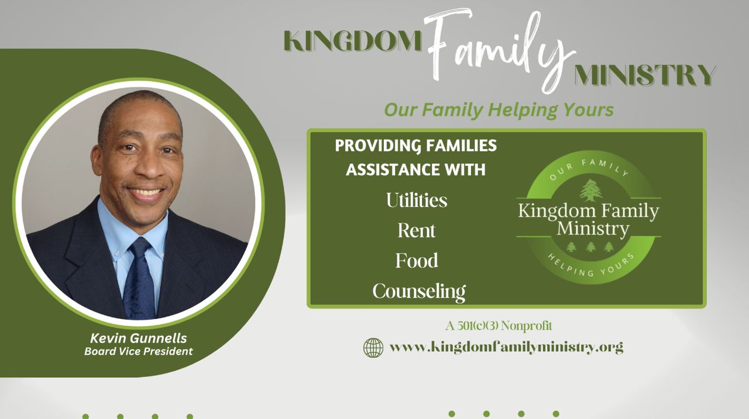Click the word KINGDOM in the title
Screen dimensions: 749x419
[353, 41]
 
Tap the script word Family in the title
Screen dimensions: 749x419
[498, 50]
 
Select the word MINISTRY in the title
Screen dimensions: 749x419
[645, 75]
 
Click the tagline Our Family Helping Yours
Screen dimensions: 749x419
[499, 110]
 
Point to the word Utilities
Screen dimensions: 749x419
[417, 200]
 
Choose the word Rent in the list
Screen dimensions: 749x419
[417, 230]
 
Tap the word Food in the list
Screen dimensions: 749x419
[417, 261]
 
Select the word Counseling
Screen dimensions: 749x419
[419, 292]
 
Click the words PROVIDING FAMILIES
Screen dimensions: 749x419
[416, 146]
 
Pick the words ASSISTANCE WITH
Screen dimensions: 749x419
[415, 169]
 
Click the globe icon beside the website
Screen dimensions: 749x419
[373, 348]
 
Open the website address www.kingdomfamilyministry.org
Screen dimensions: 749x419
[507, 347]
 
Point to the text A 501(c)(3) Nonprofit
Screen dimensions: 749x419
[499, 325]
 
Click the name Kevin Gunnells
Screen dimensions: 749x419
[139, 338]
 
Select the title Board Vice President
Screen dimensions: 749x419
[139, 351]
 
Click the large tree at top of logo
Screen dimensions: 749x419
[591, 191]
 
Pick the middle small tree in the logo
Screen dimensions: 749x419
[591, 247]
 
